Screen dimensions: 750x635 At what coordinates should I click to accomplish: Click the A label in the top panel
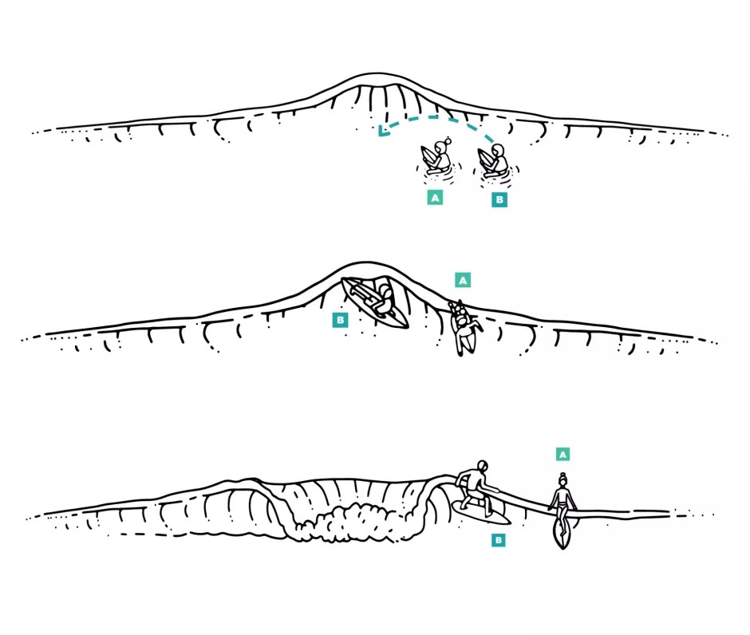435,198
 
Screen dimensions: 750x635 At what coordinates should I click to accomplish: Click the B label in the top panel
499,199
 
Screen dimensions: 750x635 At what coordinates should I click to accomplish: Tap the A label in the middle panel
463,280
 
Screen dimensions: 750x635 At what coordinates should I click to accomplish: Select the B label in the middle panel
340,320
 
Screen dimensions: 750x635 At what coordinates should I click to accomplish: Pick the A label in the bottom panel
563,454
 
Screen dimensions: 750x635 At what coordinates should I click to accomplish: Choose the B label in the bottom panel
499,540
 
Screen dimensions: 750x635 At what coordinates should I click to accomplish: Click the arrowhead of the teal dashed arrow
381,131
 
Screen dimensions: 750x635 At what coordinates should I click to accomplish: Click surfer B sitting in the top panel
494,161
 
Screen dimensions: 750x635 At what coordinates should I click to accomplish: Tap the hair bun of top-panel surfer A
448,140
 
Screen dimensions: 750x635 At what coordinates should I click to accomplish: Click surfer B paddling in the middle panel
376,303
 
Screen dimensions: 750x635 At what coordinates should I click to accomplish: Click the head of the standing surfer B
482,466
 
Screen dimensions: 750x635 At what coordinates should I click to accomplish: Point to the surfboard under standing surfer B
480,513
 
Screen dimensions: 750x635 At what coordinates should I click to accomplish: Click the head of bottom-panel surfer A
563,479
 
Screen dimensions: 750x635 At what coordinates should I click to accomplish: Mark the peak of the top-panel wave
378,75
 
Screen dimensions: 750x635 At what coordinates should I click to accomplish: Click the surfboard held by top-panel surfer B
484,158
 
